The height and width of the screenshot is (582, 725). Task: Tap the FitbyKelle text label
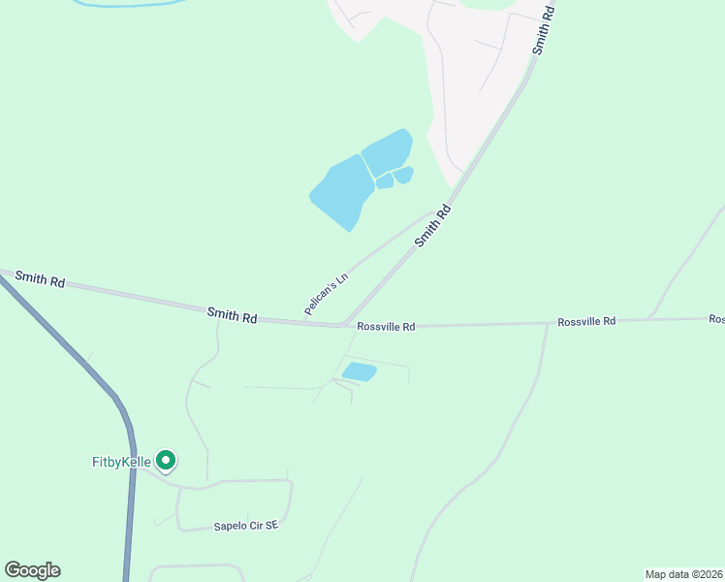click(115, 462)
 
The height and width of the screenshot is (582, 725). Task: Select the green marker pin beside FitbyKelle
click(166, 460)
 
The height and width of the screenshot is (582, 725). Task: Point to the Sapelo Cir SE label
click(246, 526)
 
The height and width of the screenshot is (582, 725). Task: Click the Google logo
click(32, 570)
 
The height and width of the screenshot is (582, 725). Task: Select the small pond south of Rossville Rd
click(359, 372)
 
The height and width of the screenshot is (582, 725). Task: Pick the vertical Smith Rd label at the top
click(544, 29)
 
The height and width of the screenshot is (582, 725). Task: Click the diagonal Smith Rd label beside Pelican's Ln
click(433, 225)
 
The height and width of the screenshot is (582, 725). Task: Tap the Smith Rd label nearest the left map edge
click(39, 279)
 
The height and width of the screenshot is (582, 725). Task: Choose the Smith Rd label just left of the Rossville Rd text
click(232, 315)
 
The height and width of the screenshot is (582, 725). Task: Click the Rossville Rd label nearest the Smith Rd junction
click(386, 328)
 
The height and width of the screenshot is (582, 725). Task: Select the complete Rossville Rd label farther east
click(585, 321)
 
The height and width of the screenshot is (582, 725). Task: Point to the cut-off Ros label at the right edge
click(716, 318)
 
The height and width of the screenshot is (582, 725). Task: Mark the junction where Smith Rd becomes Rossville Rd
click(343, 325)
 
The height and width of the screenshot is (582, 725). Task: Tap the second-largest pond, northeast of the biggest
click(387, 152)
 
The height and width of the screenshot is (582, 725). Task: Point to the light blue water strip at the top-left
click(126, 4)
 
